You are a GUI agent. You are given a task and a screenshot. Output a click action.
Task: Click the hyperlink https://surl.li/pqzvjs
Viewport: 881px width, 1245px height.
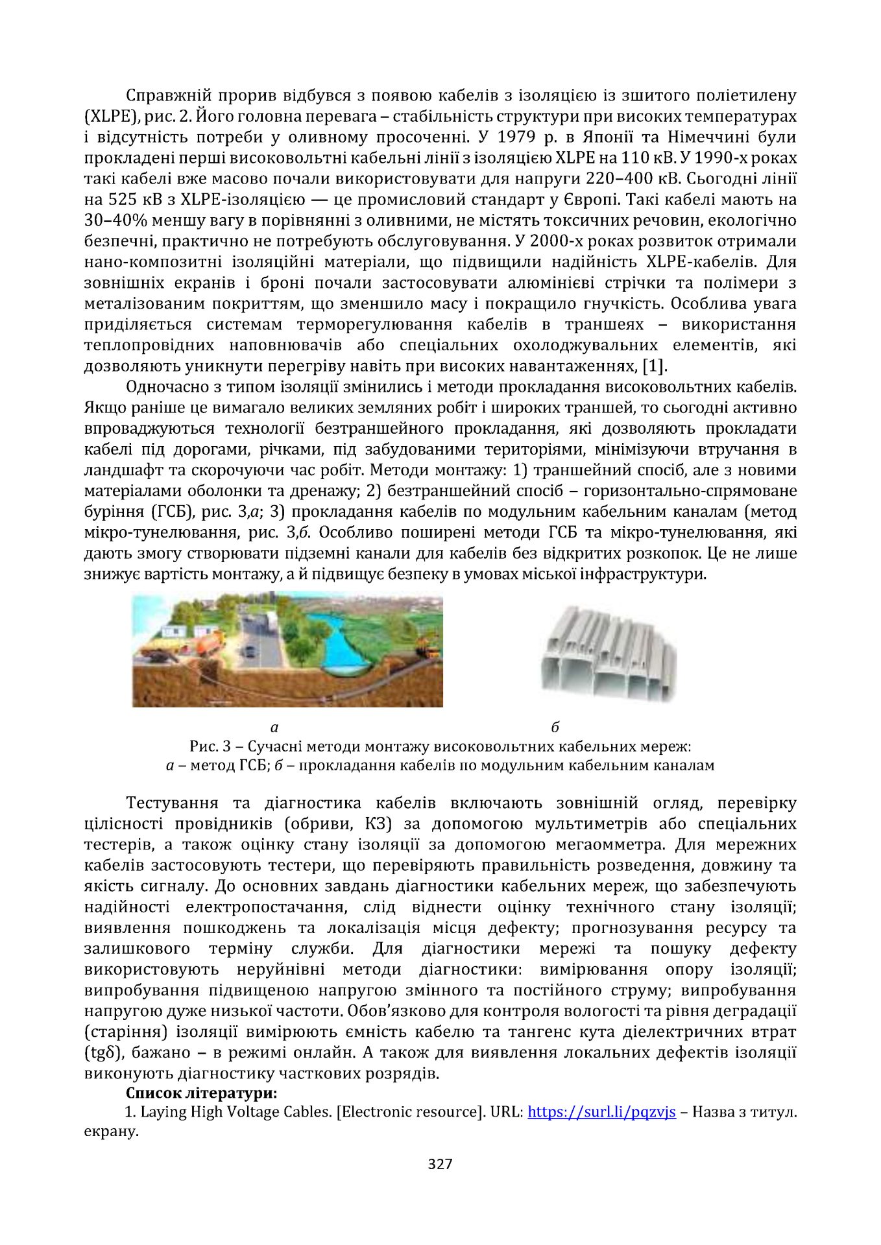[601, 1112]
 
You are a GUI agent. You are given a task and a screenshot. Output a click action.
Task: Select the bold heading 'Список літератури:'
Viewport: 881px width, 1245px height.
[202, 1093]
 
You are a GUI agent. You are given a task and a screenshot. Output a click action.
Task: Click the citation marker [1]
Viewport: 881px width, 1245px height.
[654, 366]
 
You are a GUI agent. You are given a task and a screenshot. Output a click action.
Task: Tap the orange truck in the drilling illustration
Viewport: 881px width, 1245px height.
[201, 642]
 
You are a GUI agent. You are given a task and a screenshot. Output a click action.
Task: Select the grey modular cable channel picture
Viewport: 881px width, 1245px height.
[608, 655]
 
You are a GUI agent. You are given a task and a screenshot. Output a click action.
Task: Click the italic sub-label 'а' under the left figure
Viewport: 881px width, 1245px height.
[274, 727]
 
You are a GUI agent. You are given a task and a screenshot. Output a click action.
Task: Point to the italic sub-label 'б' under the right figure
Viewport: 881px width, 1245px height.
[555, 727]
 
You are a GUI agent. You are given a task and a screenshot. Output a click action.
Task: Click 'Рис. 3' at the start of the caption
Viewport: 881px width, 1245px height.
[210, 746]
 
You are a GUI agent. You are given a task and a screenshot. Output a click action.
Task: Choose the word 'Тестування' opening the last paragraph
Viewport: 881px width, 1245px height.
[172, 803]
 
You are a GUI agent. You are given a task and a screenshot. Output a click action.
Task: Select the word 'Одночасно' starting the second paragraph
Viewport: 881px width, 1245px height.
[168, 387]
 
